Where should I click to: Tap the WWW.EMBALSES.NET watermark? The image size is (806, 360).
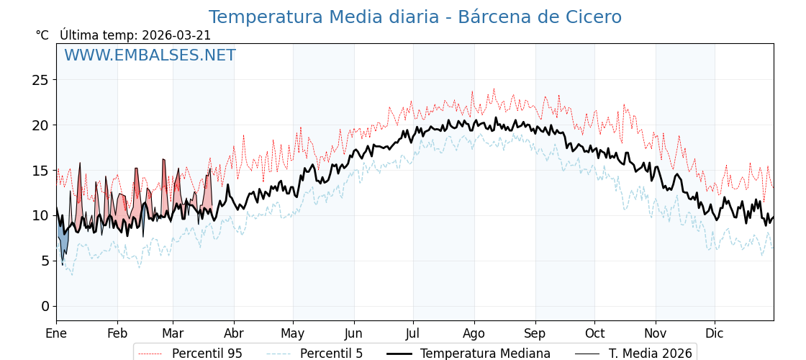coord(150,55)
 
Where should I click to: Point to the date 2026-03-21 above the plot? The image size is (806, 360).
coord(176,35)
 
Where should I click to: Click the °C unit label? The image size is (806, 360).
coord(42,35)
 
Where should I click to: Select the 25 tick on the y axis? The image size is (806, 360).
coord(40,80)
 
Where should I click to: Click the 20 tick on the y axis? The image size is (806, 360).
coord(40,125)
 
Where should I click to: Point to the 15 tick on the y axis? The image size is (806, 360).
coord(40,171)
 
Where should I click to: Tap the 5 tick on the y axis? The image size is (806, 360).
coord(45,261)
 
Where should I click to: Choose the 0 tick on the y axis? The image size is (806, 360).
coord(45,307)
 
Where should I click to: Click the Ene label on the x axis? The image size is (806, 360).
coord(56,334)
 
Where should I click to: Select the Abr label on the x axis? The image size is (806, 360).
coord(234,334)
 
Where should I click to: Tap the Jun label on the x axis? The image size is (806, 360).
coord(353,334)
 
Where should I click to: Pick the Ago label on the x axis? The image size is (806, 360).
coord(474,334)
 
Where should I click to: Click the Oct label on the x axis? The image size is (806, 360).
coord(594,334)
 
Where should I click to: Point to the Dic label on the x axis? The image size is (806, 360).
coord(715,334)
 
